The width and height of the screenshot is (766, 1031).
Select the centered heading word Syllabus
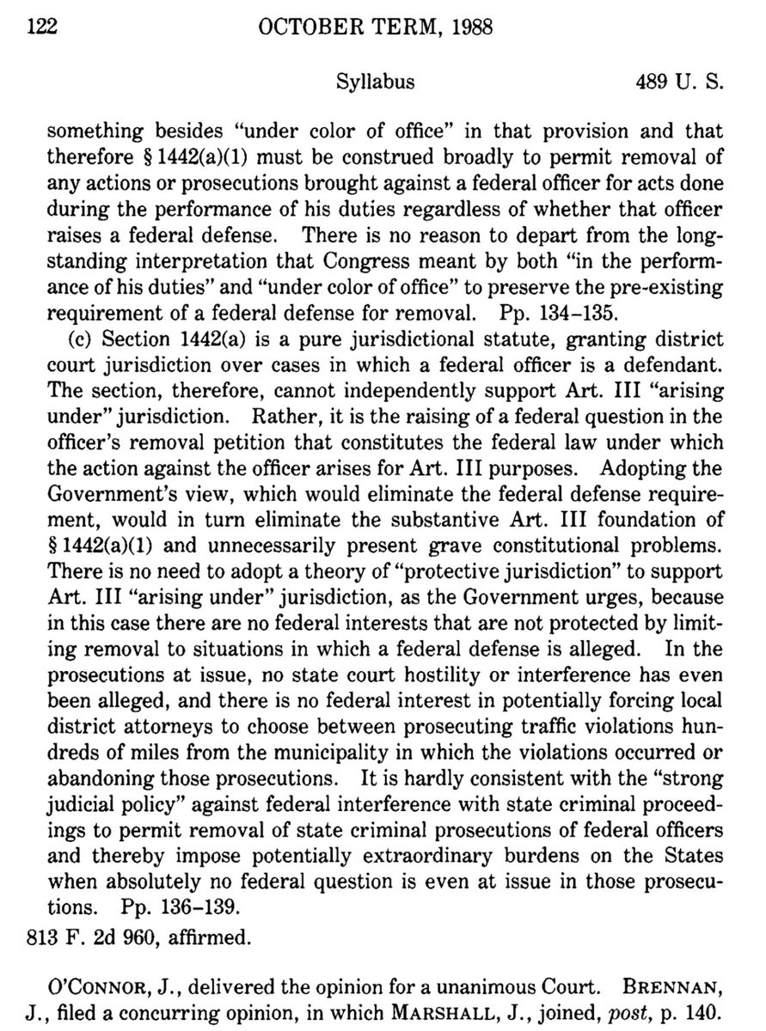[372, 82]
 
